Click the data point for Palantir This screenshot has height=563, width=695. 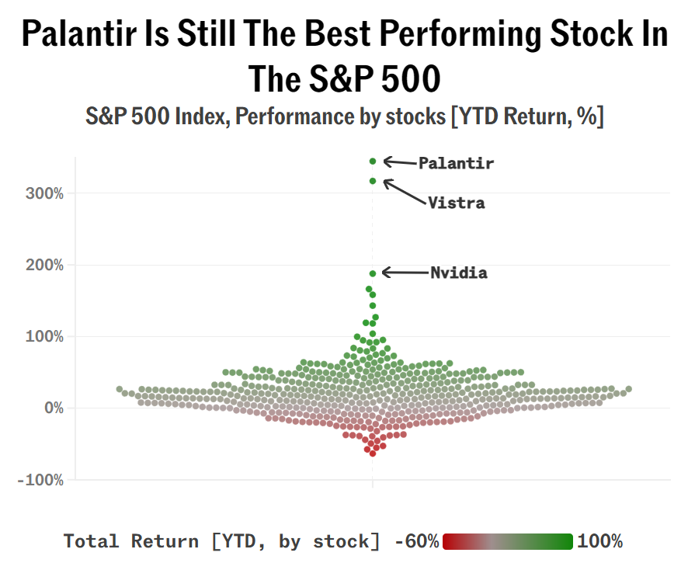tap(373, 162)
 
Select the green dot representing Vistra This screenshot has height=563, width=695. tap(373, 181)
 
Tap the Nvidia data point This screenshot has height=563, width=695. tap(373, 273)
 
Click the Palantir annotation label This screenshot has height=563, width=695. tap(456, 163)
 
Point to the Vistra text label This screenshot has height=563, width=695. tap(456, 203)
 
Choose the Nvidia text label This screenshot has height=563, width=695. tap(458, 273)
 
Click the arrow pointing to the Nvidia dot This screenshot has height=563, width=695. tap(404, 273)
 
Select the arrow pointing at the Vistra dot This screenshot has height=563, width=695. tap(405, 191)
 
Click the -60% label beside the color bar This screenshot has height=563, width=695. tap(417, 541)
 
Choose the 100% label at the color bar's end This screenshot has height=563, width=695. tap(599, 541)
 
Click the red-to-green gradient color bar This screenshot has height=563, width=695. tap(507, 541)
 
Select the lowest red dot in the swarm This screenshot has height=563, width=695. tap(373, 454)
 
